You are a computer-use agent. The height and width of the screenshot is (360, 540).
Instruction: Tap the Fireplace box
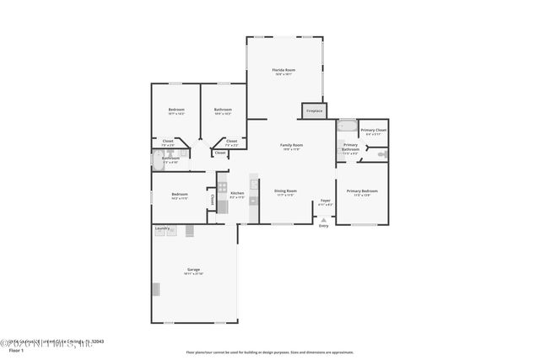(314, 110)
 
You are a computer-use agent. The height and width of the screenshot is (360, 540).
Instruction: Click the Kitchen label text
(237, 194)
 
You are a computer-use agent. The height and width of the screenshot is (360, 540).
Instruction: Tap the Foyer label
(325, 201)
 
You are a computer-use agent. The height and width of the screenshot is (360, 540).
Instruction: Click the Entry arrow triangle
(323, 218)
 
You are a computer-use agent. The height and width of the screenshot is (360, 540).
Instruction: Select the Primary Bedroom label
(362, 191)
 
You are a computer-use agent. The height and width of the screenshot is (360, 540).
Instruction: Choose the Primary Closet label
(373, 130)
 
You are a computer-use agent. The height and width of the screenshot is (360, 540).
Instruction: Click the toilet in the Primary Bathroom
(381, 154)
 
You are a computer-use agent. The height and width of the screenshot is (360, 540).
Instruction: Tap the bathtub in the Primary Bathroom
(347, 126)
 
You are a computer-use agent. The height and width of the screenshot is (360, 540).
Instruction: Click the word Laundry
(162, 228)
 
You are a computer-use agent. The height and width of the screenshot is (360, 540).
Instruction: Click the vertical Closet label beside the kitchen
(212, 201)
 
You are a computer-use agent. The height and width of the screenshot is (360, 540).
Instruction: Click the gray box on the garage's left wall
(155, 288)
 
